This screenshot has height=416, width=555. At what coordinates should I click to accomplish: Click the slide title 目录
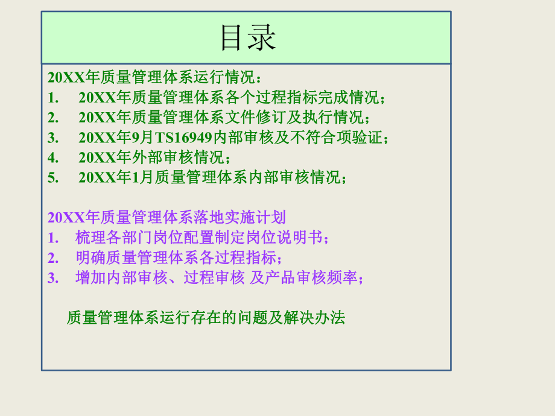[x=247, y=37]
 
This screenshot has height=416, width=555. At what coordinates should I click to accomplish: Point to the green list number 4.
[x=52, y=158]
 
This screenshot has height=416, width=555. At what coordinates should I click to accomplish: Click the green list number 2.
[x=52, y=117]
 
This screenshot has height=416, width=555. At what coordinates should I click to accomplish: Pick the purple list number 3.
[x=52, y=278]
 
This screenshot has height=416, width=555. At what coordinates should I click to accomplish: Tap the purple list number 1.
[x=52, y=238]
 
